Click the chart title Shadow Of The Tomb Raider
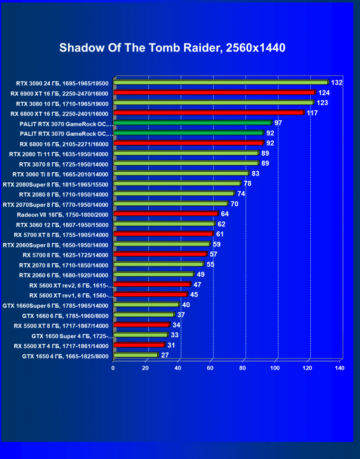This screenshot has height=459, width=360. coord(172,48)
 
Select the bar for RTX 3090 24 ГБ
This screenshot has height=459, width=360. coord(221,82)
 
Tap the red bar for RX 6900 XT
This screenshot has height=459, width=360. coord(215,92)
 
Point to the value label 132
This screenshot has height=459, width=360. coord(337,82)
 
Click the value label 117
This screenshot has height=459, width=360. coord(312,113)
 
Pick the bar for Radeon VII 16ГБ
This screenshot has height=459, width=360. coord(166,214)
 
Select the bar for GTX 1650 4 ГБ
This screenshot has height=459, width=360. coord(136,355)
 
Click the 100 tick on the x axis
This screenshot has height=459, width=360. coord(275,368)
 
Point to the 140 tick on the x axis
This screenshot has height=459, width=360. coord(339,368)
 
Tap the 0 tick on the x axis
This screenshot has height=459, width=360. coord(113,368)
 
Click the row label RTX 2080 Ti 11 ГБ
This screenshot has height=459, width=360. coord(59,154)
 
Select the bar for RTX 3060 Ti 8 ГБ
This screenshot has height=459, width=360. coord(181,173)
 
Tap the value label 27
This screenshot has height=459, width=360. coord(165,355)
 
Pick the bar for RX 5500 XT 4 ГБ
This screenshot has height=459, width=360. coord(139,345)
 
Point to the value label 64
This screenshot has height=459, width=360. coord(225,214)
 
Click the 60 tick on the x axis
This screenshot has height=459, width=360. coord(210,368)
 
